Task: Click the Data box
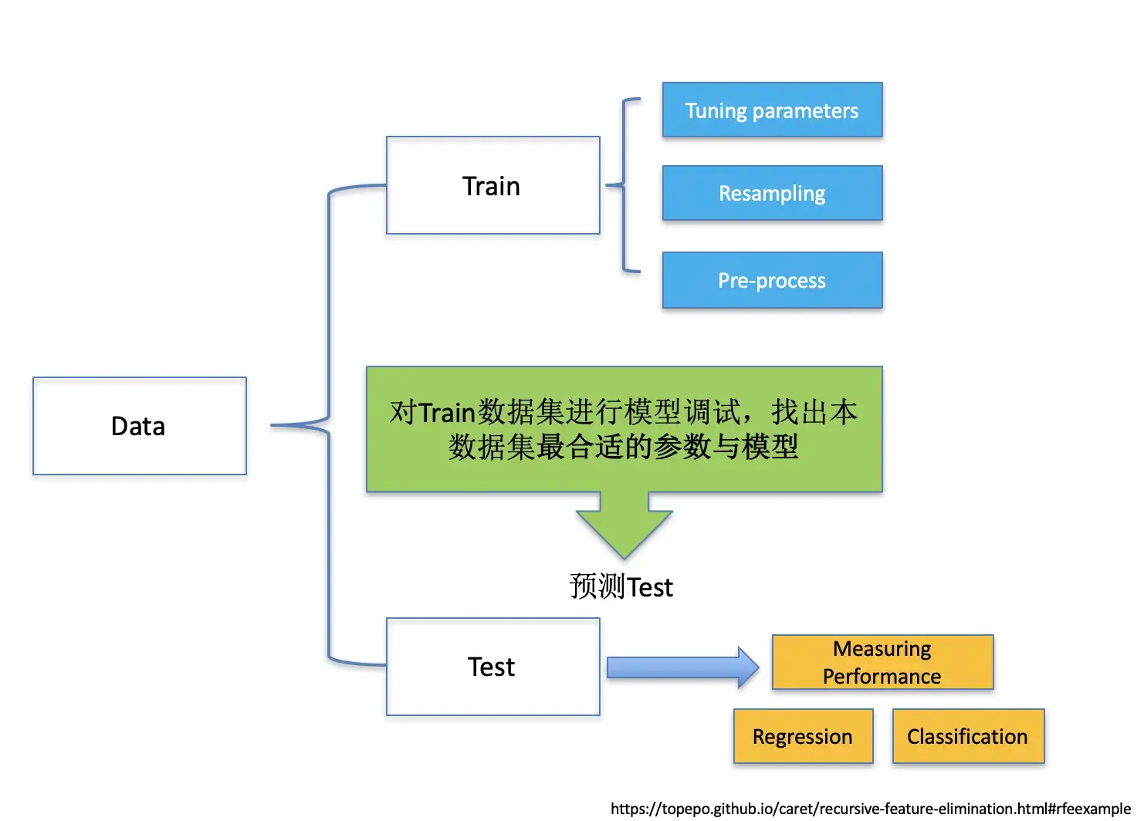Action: coord(140,426)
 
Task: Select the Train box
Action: coord(492,186)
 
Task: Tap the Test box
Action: coord(492,667)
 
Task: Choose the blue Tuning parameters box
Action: coord(772,110)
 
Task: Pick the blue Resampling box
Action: coord(772,194)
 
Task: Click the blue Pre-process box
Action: coord(772,281)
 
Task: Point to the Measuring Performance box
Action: coord(882,662)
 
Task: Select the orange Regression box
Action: coord(803,737)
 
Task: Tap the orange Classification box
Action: coord(968,737)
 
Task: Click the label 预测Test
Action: coord(621,587)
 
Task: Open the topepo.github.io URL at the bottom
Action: coord(870,809)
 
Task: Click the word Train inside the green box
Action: coord(447,412)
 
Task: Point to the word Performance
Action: coord(882,677)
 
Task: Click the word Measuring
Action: coord(882,649)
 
